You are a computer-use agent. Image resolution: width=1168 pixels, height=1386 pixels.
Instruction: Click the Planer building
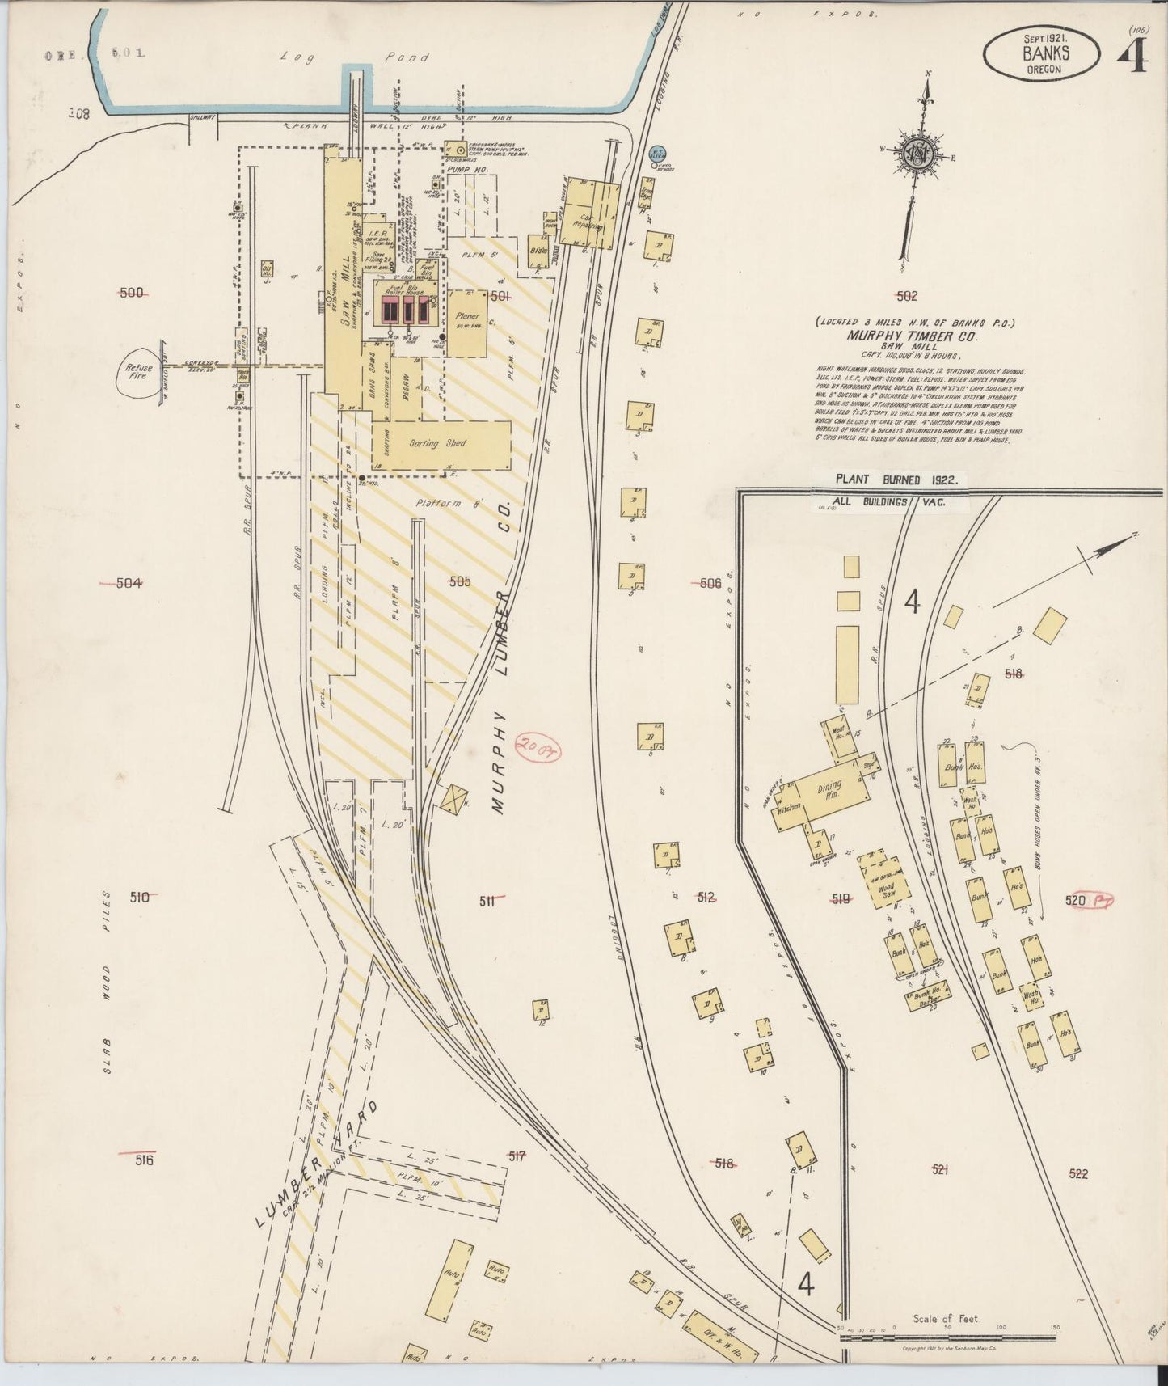click(467, 323)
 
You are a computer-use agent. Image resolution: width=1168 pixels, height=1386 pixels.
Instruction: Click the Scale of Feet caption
click(946, 1318)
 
